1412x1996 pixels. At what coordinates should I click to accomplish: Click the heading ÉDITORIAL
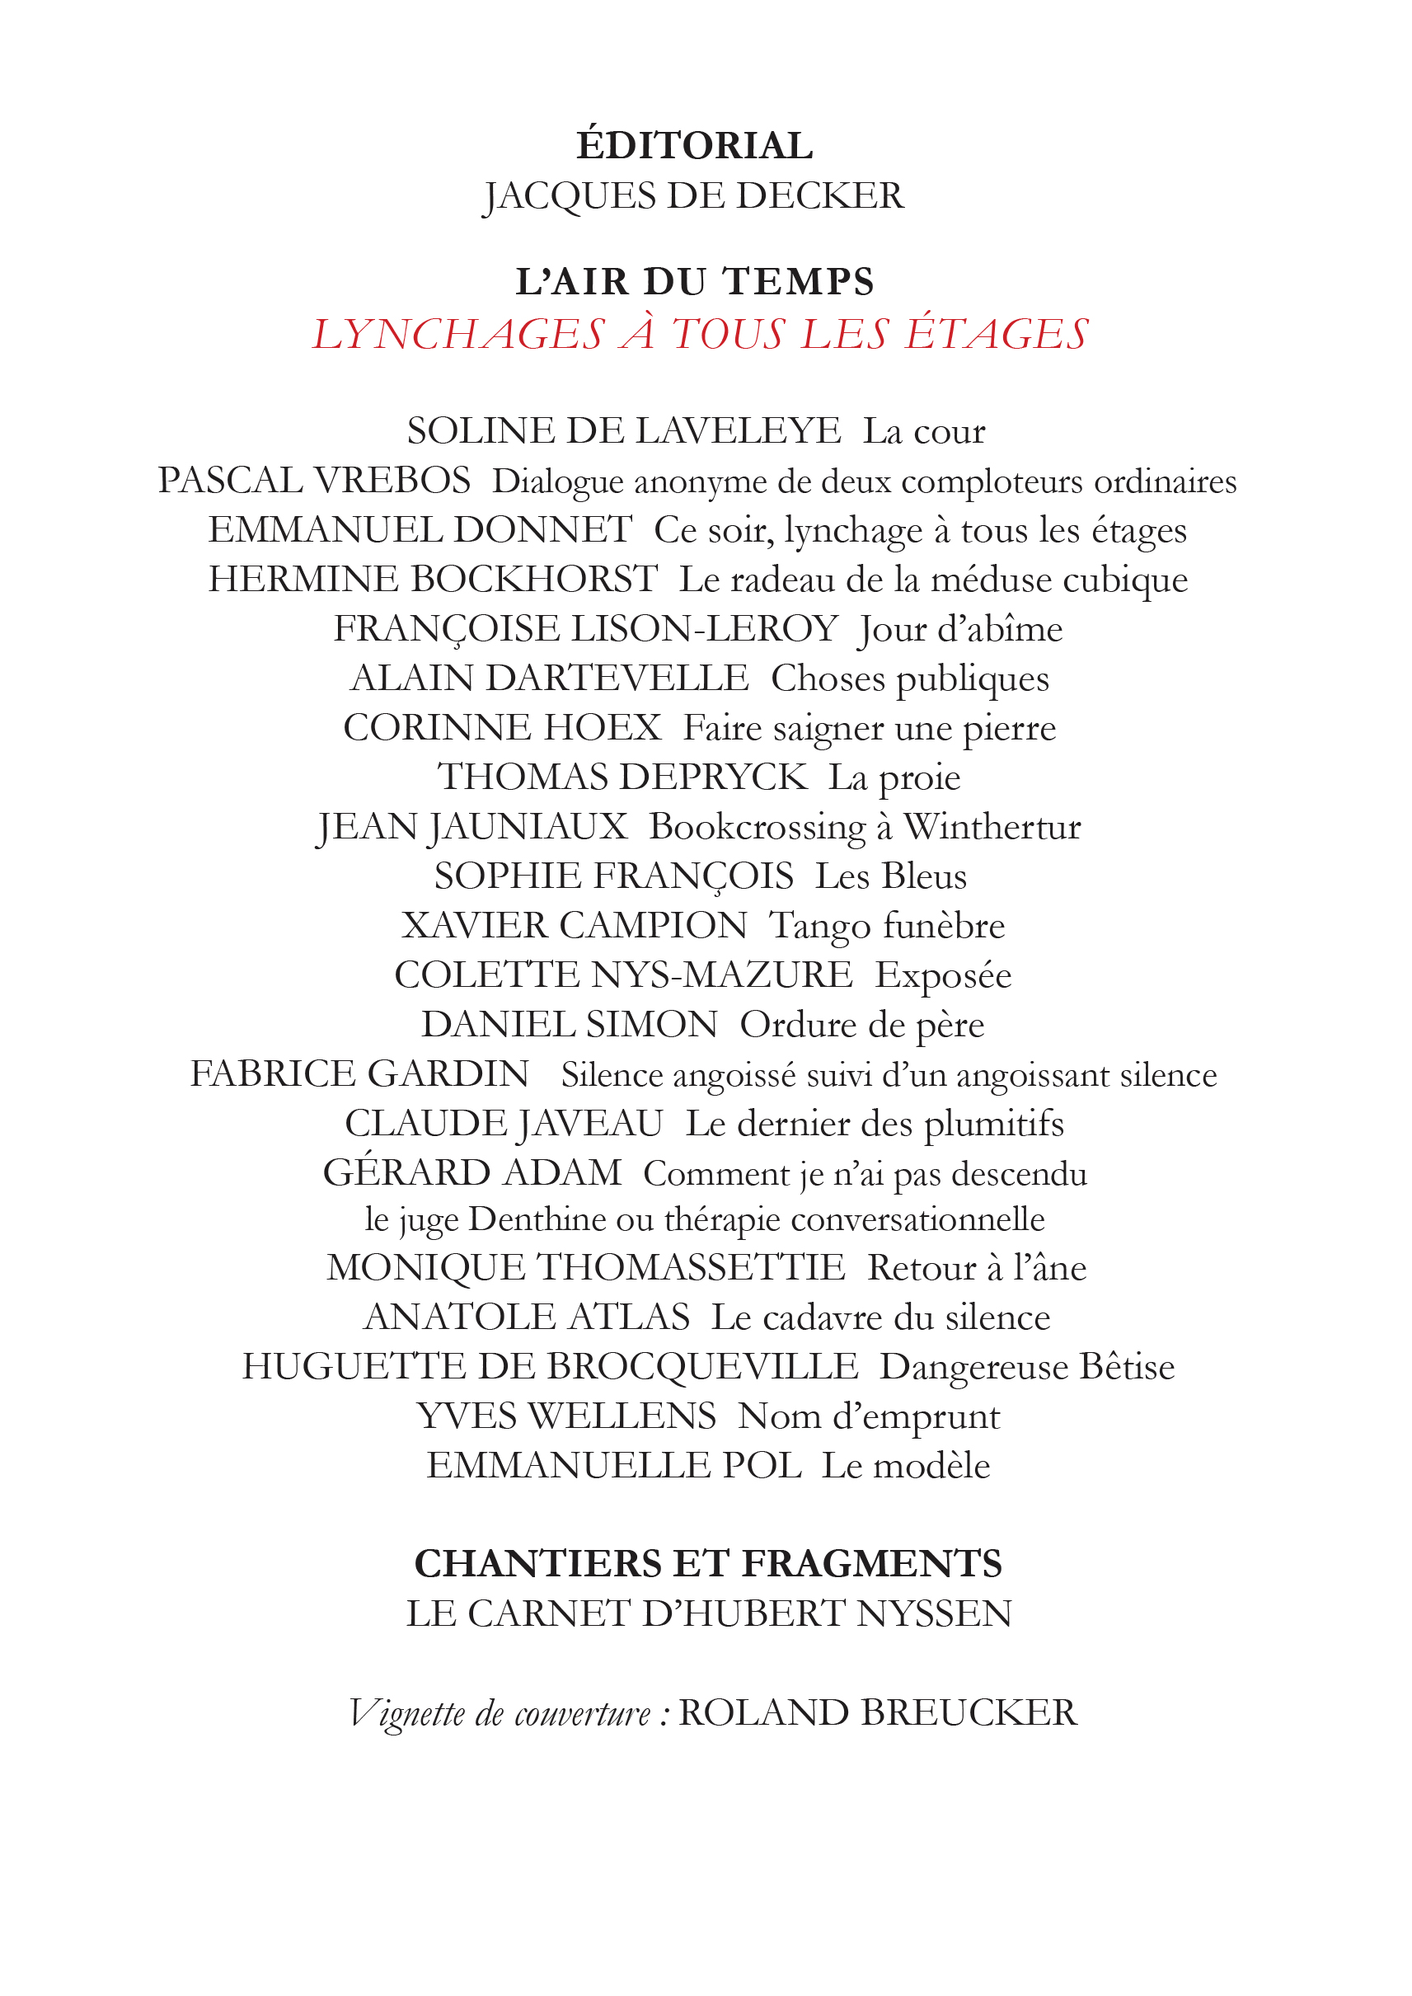[694, 145]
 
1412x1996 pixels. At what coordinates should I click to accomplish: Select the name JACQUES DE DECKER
[694, 195]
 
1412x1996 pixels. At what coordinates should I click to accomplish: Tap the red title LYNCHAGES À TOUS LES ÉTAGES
[700, 334]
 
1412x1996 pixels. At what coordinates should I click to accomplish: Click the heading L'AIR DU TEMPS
[695, 282]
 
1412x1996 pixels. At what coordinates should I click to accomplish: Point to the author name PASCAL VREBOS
[314, 481]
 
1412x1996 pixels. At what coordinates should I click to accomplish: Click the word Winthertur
[992, 827]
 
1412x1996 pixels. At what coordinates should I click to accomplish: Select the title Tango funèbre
[887, 926]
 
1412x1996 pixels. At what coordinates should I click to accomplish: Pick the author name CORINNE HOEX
[503, 728]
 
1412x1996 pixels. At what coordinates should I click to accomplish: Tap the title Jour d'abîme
[961, 630]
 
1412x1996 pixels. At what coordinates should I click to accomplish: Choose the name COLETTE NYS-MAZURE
[623, 975]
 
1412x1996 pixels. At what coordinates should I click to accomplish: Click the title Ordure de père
[861, 1026]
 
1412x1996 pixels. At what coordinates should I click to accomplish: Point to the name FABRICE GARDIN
[360, 1074]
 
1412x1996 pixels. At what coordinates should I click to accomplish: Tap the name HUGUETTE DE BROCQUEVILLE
[550, 1367]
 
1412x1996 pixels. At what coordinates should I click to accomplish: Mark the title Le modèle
[906, 1467]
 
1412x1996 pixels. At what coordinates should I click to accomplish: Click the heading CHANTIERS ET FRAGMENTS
[708, 1564]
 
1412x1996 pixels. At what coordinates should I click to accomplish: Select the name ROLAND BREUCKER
[877, 1712]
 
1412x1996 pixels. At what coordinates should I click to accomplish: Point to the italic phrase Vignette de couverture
[500, 1713]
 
